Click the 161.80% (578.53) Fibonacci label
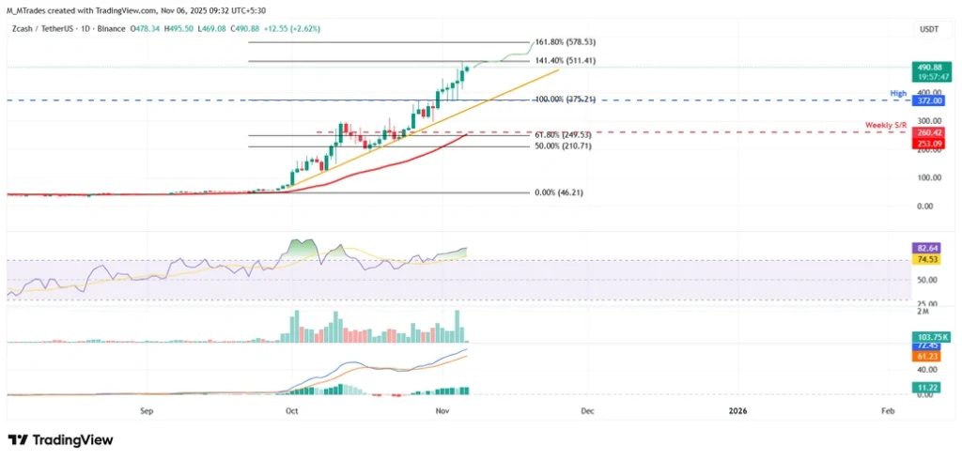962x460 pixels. click(566, 43)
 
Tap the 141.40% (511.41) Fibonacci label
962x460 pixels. click(566, 61)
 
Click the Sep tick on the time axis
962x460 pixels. click(146, 410)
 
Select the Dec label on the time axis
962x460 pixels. click(587, 410)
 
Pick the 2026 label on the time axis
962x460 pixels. click(737, 410)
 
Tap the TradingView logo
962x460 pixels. click(60, 439)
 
